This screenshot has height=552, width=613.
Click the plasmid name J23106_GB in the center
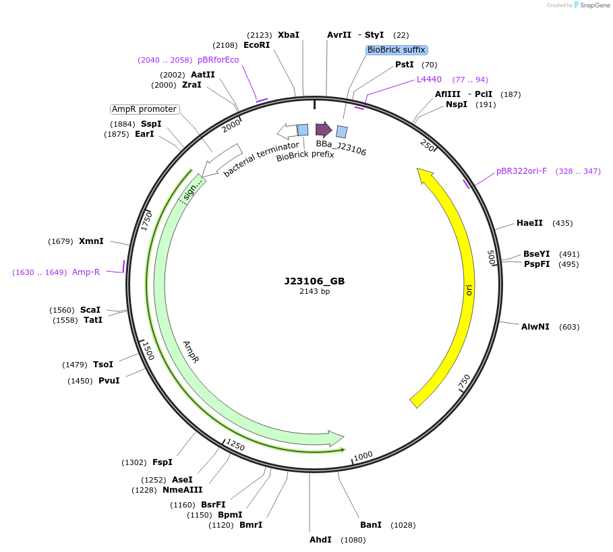[314, 281]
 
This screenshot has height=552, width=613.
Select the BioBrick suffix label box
[397, 50]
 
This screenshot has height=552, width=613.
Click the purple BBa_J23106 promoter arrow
[324, 129]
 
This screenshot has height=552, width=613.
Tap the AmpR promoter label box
[144, 109]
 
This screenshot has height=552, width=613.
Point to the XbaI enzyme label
[288, 34]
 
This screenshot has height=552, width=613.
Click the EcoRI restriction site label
[256, 45]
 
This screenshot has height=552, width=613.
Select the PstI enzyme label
[405, 65]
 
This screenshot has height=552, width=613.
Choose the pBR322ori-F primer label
[521, 171]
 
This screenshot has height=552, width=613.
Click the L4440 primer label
[429, 80]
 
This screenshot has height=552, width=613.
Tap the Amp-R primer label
[86, 272]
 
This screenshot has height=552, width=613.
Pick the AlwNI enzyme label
[535, 327]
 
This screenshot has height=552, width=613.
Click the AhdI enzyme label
[320, 540]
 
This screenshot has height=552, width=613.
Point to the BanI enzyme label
[370, 525]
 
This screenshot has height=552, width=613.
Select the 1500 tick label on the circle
[148, 350]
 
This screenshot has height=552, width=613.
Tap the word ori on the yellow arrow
[469, 289]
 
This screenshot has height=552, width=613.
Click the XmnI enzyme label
[91, 241]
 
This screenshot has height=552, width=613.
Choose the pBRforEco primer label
[218, 60]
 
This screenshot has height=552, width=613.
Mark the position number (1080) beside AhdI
[353, 540]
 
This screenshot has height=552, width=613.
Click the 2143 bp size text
[314, 292]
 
